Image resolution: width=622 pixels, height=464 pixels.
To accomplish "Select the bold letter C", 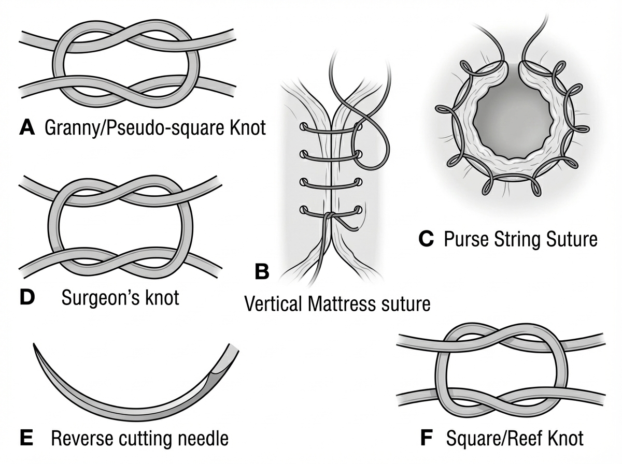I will click(426, 239).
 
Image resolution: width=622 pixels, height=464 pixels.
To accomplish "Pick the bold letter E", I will click(26, 439).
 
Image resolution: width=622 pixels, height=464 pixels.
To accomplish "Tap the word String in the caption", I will click(515, 240).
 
